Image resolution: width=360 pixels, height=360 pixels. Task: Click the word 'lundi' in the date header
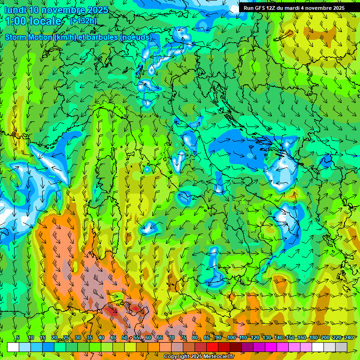coord(15,10)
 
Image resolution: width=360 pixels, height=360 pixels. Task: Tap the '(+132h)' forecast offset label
coord(83,21)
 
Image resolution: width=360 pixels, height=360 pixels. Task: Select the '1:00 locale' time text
coord(34,21)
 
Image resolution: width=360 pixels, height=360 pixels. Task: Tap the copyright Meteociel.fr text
coord(199,357)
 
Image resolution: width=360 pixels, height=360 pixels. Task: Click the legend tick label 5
coord(18,337)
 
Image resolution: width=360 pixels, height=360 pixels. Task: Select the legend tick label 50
coord(125,337)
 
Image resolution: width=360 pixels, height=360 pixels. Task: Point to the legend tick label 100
coord(232,337)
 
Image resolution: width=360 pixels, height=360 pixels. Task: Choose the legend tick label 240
coord(349,337)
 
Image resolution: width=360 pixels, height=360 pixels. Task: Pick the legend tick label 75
coord(183,337)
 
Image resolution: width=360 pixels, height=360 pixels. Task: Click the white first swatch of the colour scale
coord(13,347)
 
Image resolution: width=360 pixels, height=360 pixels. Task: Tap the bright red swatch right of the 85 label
coord(212,347)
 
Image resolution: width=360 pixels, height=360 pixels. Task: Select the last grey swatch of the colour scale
coord(341,347)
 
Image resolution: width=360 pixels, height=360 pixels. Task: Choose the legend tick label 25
coord(66,337)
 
